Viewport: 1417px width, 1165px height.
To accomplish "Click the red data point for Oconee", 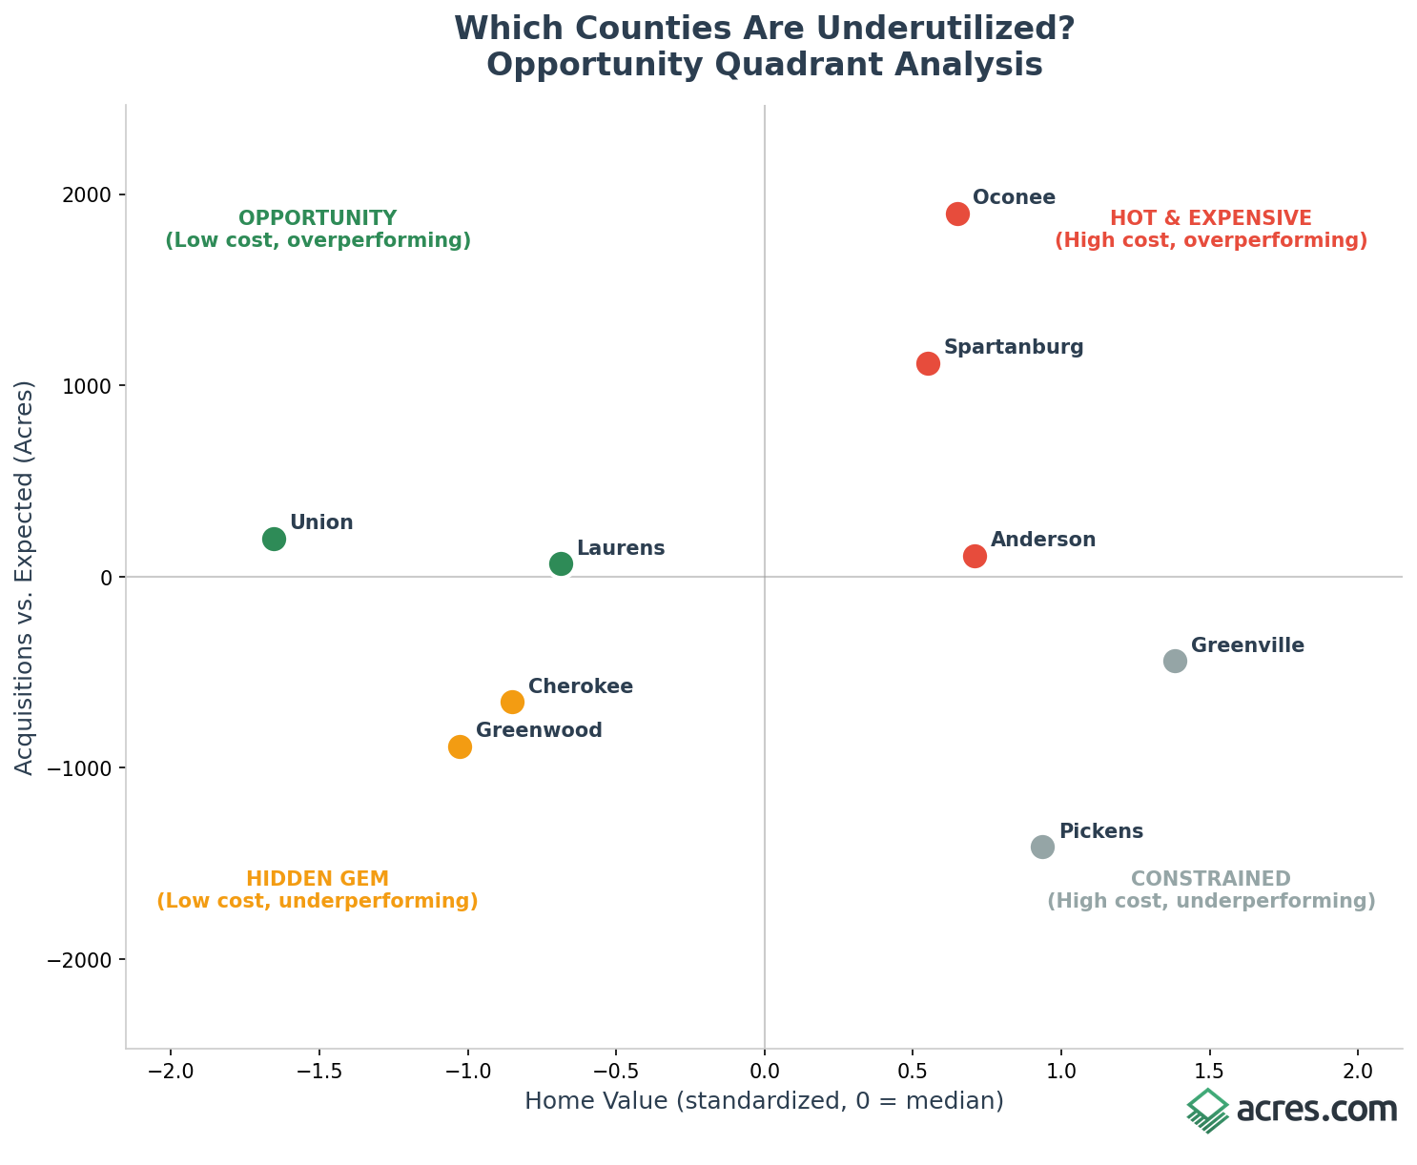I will [x=957, y=214].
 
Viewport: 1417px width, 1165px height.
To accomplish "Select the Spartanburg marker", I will [x=928, y=363].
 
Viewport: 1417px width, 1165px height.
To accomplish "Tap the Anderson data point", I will [x=975, y=556].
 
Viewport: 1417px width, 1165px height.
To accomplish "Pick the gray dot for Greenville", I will [x=1175, y=661].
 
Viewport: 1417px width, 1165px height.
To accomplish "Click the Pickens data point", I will [x=1042, y=847].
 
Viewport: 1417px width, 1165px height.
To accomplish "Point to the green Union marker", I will [x=274, y=539].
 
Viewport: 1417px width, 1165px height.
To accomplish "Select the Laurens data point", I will [x=561, y=563].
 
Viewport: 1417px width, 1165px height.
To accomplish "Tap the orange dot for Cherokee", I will [x=512, y=702].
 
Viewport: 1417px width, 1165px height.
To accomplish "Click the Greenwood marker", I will [x=460, y=746].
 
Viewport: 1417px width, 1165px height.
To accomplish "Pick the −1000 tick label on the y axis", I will [x=84, y=768].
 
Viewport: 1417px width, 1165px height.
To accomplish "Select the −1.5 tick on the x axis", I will [x=318, y=1071].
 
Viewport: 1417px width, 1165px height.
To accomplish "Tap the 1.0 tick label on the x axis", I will [x=1061, y=1071].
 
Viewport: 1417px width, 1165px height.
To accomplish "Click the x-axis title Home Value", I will [x=764, y=1101].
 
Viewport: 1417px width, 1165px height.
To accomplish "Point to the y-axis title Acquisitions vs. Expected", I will [x=25, y=577].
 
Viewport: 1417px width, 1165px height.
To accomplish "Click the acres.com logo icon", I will [x=1207, y=1111].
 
